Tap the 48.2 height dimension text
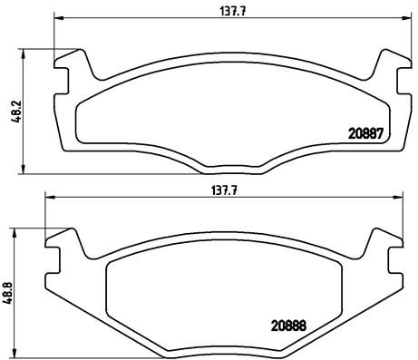pyautogui.click(x=13, y=110)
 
